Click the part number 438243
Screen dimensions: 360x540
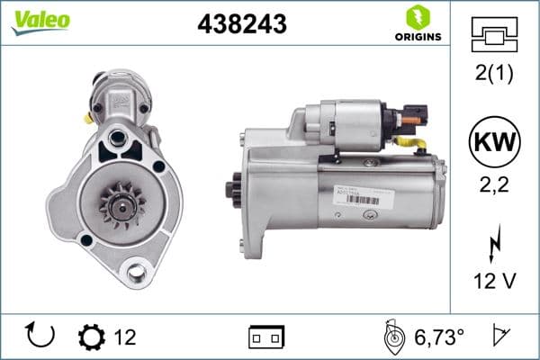coord(241,25)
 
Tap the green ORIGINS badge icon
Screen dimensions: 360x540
coord(416,17)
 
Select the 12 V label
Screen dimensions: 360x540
coord(495,282)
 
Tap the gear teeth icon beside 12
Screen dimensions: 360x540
coord(92,337)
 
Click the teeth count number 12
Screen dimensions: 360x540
coord(125,337)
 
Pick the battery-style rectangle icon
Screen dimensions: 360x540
coord(266,337)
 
